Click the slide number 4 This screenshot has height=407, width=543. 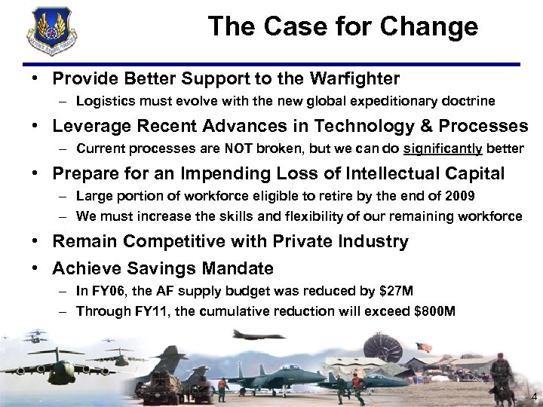(x=533, y=397)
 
